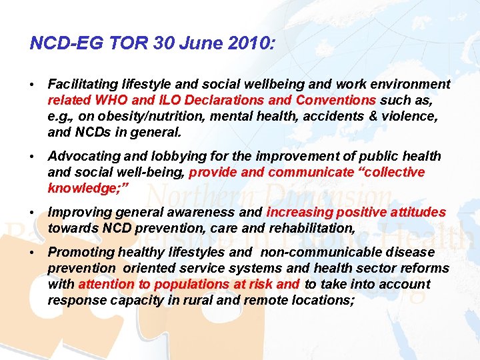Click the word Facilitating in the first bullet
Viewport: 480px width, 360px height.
83,85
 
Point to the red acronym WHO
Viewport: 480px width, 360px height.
113,101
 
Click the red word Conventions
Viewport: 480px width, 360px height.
337,101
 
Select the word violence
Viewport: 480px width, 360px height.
411,117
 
